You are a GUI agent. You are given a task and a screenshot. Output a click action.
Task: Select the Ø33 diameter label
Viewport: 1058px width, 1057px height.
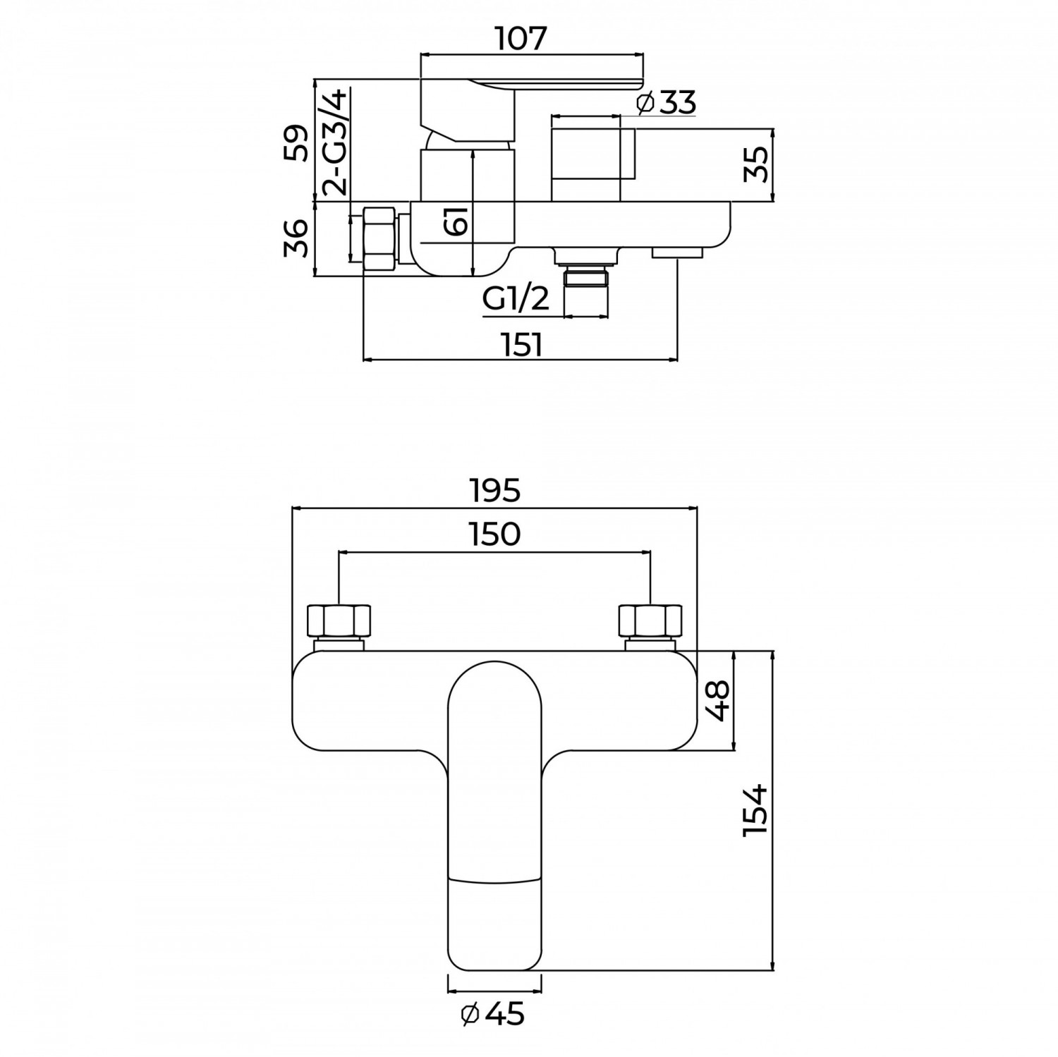666,103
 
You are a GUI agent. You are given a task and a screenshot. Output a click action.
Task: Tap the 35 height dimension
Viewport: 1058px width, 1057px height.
757,164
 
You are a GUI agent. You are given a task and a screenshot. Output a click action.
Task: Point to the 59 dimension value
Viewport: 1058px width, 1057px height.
297,144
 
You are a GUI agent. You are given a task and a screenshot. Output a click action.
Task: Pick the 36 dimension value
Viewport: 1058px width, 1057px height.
297,238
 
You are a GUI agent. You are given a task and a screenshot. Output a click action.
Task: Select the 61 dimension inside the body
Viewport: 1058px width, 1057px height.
456,222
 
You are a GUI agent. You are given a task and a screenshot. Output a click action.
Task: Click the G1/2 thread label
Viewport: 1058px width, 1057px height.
516,300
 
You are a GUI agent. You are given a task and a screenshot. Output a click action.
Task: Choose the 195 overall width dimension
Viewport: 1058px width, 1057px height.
494,490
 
